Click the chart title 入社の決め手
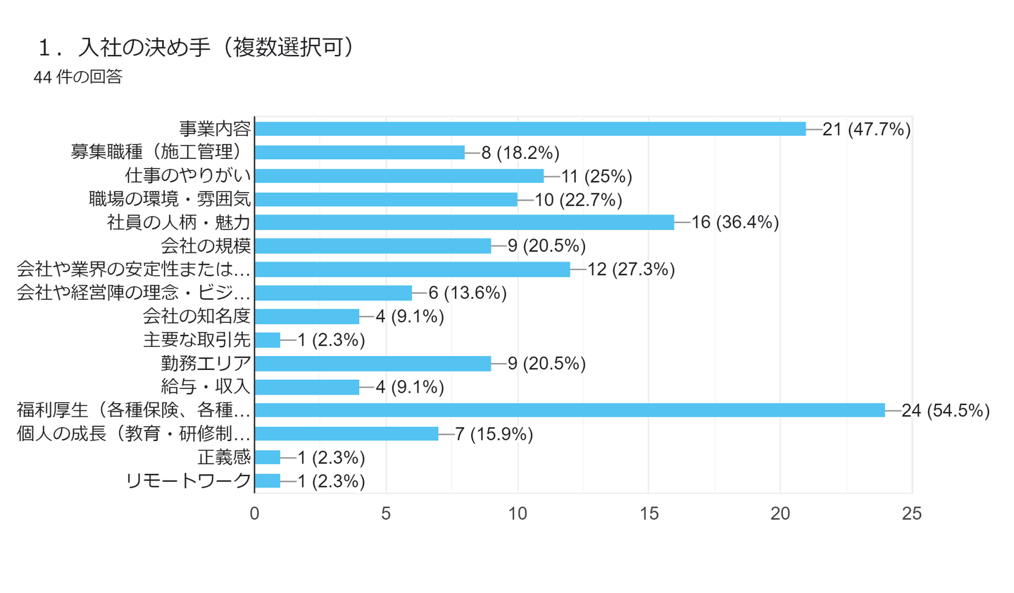(197, 47)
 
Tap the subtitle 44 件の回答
(78, 77)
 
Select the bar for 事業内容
(530, 129)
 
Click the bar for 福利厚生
(569, 410)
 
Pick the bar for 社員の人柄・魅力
(464, 222)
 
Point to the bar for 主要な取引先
(268, 340)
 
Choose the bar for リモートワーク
(268, 480)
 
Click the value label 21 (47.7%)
(866, 129)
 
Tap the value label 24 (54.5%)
(946, 411)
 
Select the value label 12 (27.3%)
(631, 269)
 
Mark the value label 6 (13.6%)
(468, 293)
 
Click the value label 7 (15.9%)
(494, 434)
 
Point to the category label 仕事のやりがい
(188, 176)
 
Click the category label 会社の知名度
(196, 317)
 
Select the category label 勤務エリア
(206, 363)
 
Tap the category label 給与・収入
(206, 387)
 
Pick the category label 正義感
(224, 457)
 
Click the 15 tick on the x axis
(649, 514)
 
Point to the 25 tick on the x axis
(911, 514)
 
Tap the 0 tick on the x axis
(254, 514)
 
